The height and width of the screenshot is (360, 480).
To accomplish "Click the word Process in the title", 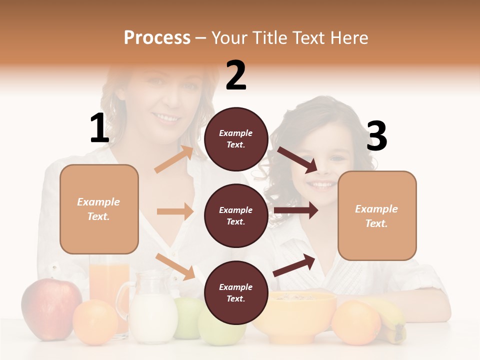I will (157, 37).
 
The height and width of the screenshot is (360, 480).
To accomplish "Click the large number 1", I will (99, 128).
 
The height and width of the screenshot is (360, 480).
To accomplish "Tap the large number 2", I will (235, 75).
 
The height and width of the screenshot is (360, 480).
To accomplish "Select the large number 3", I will (376, 136).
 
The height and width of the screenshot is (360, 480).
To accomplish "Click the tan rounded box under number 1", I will (99, 209).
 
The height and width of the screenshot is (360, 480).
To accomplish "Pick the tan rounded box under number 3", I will (377, 215).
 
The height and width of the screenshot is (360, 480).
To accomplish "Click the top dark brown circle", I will (236, 139).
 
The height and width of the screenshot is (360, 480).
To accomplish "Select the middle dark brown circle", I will (236, 215).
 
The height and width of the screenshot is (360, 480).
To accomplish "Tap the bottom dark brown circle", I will (236, 292).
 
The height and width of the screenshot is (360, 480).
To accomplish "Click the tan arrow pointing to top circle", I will (174, 159).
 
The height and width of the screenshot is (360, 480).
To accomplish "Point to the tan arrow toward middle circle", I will (175, 211).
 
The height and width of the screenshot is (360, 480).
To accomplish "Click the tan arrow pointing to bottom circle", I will (175, 266).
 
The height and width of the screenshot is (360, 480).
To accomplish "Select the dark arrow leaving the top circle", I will (297, 159).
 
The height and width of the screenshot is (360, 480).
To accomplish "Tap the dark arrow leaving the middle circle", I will (295, 210).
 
